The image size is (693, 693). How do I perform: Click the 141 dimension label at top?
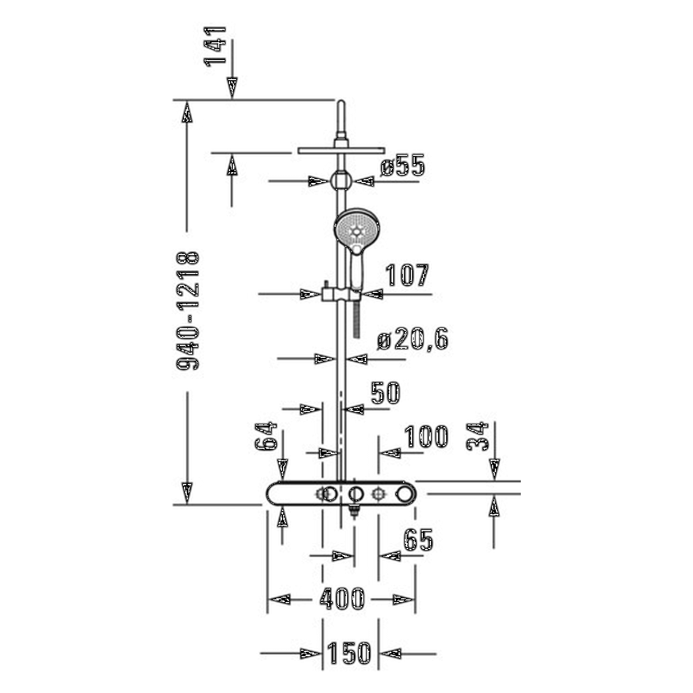coord(217,45)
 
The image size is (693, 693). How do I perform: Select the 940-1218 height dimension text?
coord(188,310)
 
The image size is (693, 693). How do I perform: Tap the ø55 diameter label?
coord(402,167)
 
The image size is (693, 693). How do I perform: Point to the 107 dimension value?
coord(406,276)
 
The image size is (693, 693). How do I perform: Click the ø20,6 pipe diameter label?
coord(413,340)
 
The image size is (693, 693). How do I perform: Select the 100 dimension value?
coord(427,437)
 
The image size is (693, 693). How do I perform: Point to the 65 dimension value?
coord(419,540)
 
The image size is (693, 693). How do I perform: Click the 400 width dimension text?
coord(342,599)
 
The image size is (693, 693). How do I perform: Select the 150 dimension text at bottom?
coord(350,653)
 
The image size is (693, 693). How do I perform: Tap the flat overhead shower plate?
coord(341,150)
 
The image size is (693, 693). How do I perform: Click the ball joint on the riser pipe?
coord(341,180)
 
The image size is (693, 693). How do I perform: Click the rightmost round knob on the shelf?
coord(404,493)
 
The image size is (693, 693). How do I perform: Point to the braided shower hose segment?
coord(357,319)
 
